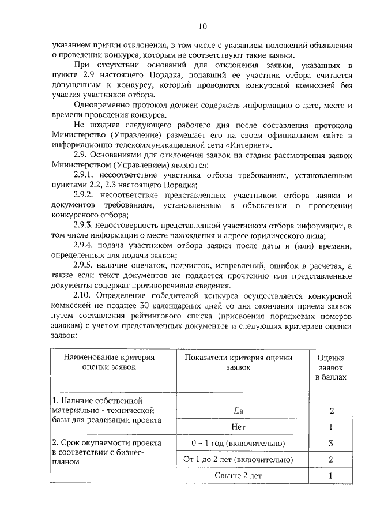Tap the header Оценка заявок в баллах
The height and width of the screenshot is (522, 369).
click(x=331, y=367)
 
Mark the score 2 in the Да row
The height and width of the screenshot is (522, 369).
click(x=331, y=411)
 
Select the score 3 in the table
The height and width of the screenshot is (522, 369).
click(x=331, y=443)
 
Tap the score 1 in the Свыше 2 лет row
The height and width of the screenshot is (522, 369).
click(x=331, y=476)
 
